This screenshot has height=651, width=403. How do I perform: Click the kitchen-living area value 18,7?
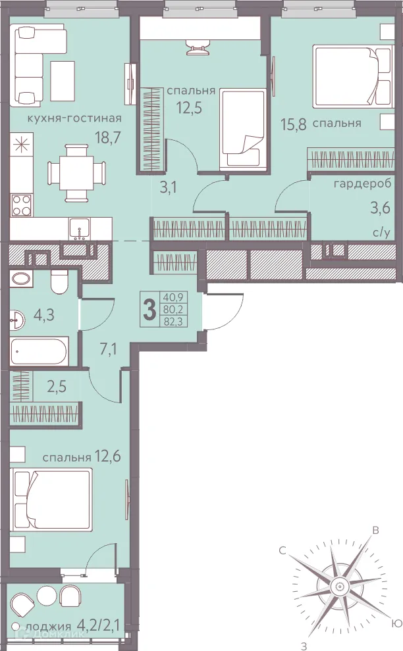click(x=108, y=137)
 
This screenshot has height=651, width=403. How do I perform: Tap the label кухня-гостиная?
click(x=74, y=118)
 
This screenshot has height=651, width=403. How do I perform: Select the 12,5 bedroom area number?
click(x=189, y=108)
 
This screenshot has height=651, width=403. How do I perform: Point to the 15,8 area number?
click(x=294, y=124)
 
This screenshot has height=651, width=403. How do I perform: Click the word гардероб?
click(x=362, y=183)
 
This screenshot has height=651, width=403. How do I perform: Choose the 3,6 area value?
click(x=381, y=207)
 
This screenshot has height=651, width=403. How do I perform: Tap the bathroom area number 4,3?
click(x=44, y=315)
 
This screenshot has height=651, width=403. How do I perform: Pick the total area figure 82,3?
click(x=175, y=320)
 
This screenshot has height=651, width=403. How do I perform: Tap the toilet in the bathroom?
click(x=59, y=282)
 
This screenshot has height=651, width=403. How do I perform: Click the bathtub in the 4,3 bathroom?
click(x=39, y=352)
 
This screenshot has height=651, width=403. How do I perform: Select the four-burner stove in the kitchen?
click(x=22, y=205)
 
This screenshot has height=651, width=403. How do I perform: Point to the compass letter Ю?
click(x=396, y=624)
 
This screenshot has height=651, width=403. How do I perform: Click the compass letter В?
click(x=375, y=530)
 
